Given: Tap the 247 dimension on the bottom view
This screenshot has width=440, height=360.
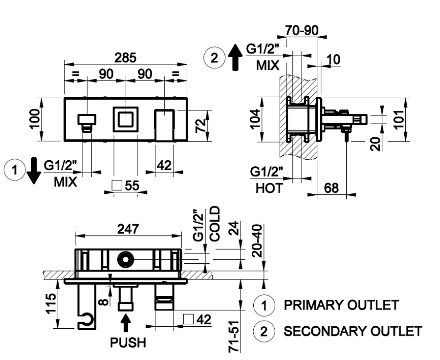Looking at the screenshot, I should (129, 229).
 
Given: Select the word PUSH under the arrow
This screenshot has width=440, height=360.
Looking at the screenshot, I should (128, 342).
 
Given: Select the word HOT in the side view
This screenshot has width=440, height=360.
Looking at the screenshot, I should (267, 189).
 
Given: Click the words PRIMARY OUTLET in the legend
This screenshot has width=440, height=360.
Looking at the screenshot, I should (341, 306).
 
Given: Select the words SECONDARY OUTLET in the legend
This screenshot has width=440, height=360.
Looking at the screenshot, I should (352, 332).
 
